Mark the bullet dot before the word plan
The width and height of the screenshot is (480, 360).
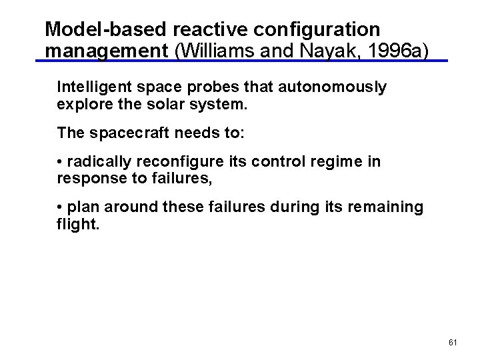[60, 207]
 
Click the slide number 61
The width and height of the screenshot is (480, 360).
[453, 342]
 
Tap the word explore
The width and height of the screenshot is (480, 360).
[81, 105]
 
